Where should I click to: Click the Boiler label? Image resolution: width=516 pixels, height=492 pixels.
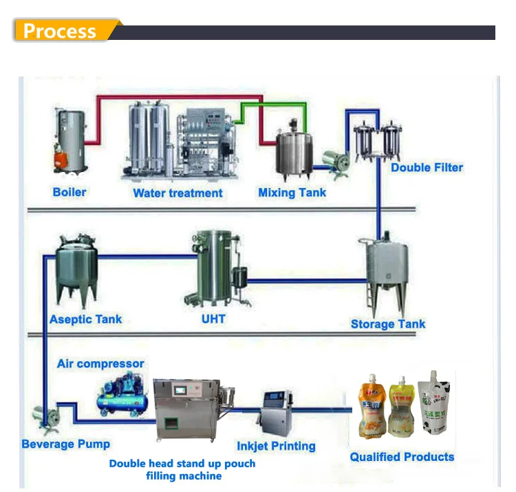(x=69, y=191)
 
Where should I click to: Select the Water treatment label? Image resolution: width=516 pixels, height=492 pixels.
(x=178, y=193)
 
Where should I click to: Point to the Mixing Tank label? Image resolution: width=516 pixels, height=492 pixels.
(x=292, y=193)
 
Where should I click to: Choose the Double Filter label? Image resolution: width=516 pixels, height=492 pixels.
(x=427, y=167)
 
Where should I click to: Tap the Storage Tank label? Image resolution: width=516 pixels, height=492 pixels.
(x=388, y=324)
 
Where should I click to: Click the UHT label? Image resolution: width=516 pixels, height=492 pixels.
(x=213, y=319)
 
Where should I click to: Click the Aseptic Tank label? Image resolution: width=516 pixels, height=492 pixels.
(x=85, y=319)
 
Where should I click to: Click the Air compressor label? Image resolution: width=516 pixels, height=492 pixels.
(x=100, y=363)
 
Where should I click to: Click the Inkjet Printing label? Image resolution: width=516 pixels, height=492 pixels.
(x=276, y=446)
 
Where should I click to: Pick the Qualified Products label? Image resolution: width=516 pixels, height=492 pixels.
(x=402, y=457)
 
